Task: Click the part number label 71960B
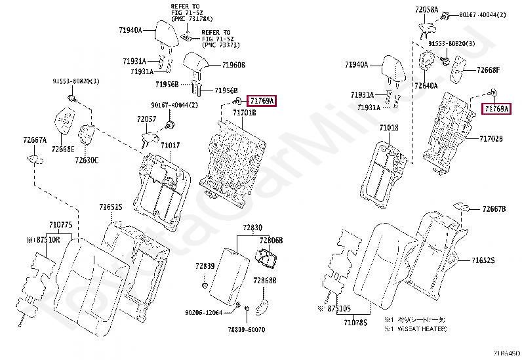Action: [233, 65]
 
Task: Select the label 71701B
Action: [245, 113]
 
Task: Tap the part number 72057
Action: [146, 119]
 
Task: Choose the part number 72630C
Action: [86, 160]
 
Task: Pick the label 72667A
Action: [35, 140]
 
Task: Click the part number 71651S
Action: [111, 207]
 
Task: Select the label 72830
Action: [252, 228]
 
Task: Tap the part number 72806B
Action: [271, 241]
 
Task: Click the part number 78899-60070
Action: [246, 329]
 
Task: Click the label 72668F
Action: [488, 70]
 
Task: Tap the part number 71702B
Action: [491, 139]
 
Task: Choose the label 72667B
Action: [494, 209]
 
